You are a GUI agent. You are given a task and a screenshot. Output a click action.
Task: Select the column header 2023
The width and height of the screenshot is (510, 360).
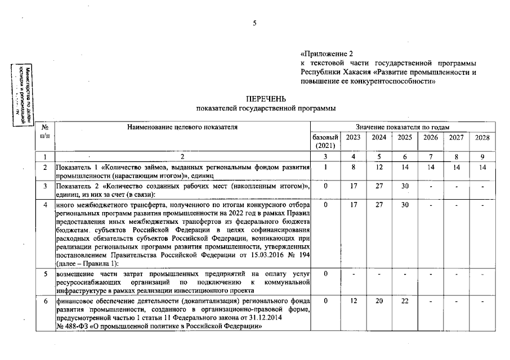point(353,137)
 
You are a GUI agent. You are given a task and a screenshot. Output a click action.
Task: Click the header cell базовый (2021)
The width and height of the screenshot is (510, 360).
point(325,141)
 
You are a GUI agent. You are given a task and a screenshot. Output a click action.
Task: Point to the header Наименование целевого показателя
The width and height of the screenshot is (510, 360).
point(182,127)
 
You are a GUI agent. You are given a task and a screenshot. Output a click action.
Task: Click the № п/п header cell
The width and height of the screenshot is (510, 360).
point(44,132)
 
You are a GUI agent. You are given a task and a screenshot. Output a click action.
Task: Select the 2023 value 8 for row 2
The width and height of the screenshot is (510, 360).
point(353,167)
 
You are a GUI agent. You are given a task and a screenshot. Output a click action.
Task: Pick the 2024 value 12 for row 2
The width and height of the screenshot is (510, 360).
point(379,167)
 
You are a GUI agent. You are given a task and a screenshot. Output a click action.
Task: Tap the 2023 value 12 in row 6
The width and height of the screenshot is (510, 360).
point(353,302)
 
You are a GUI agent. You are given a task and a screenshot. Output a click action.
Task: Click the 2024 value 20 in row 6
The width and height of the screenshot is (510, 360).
point(379,302)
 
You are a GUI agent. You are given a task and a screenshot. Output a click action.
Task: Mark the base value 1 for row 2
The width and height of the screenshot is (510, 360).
point(325,167)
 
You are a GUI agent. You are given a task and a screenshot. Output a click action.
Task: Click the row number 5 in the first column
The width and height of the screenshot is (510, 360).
point(44,273)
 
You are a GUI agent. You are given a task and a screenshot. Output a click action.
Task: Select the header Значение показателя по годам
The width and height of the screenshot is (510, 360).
point(402,127)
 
